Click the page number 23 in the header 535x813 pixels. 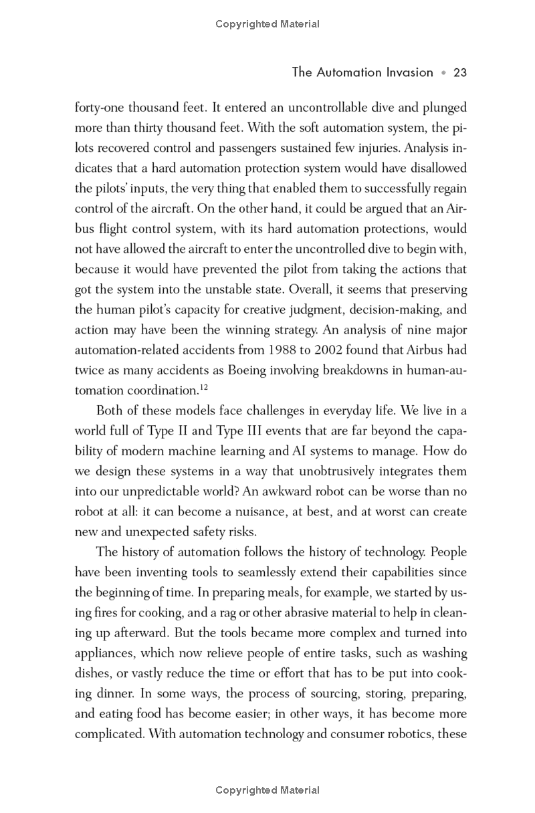(x=459, y=72)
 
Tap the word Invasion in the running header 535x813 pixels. (x=405, y=72)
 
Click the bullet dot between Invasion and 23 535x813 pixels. (x=443, y=73)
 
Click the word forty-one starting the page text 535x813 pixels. (x=99, y=108)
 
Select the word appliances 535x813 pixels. (x=104, y=653)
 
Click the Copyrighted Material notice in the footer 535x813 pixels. (x=267, y=790)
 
